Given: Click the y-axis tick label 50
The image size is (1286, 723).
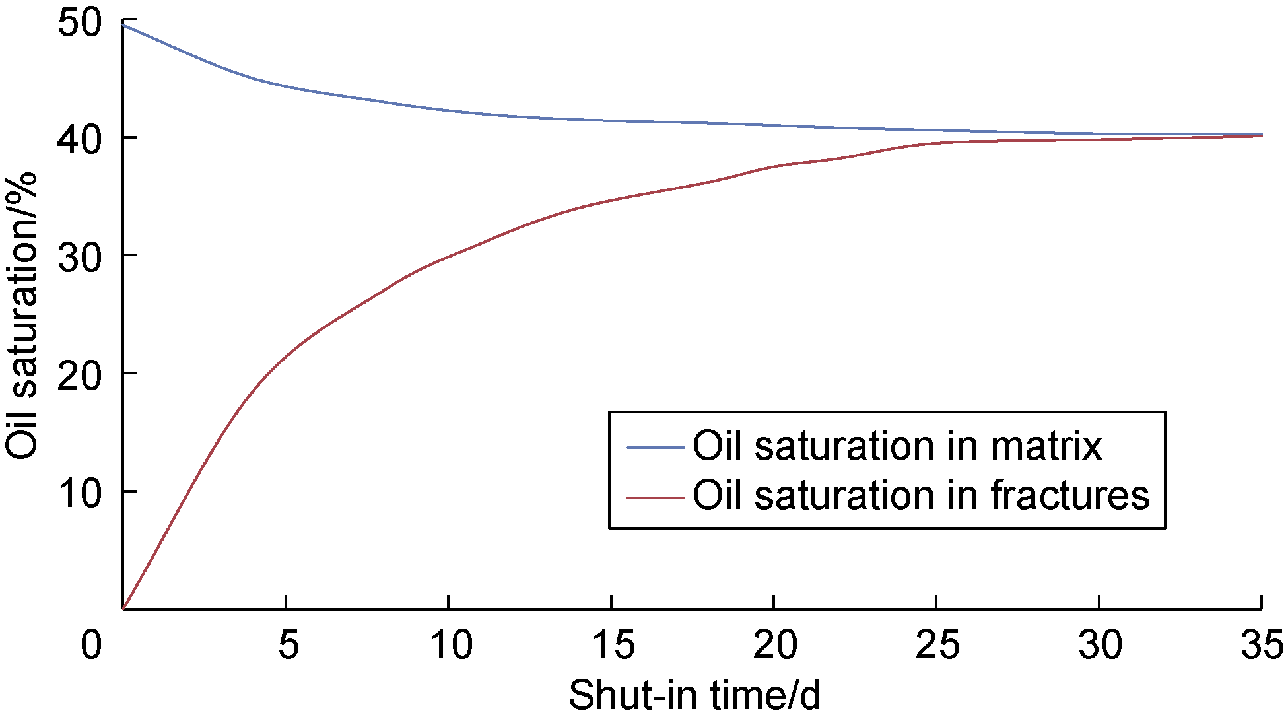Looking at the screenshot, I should click(80, 24).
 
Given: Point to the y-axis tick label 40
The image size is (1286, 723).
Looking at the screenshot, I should click(80, 139).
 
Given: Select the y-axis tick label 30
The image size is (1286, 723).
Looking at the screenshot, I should click(80, 257).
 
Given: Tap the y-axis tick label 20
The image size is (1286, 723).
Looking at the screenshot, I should click(80, 375).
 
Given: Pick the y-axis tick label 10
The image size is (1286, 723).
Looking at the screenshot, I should click(80, 493).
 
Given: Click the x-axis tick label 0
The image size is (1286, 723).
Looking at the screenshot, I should click(91, 644).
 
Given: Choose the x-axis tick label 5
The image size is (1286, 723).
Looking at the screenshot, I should click(288, 644).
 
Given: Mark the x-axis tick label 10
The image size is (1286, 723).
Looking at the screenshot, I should click(451, 644).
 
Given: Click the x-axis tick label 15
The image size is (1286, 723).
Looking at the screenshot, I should click(613, 644).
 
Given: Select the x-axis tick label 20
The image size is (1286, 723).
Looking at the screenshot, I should click(775, 644).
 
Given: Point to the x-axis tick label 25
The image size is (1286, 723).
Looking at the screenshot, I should click(937, 644).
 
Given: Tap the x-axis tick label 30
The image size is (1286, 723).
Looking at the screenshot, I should click(1100, 644).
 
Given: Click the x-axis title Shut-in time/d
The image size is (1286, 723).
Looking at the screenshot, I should click(694, 695).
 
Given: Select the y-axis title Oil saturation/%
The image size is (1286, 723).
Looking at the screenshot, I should click(22, 316).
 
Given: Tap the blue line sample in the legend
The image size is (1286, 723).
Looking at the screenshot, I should click(655, 448).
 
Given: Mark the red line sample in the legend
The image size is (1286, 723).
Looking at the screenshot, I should click(655, 497).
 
